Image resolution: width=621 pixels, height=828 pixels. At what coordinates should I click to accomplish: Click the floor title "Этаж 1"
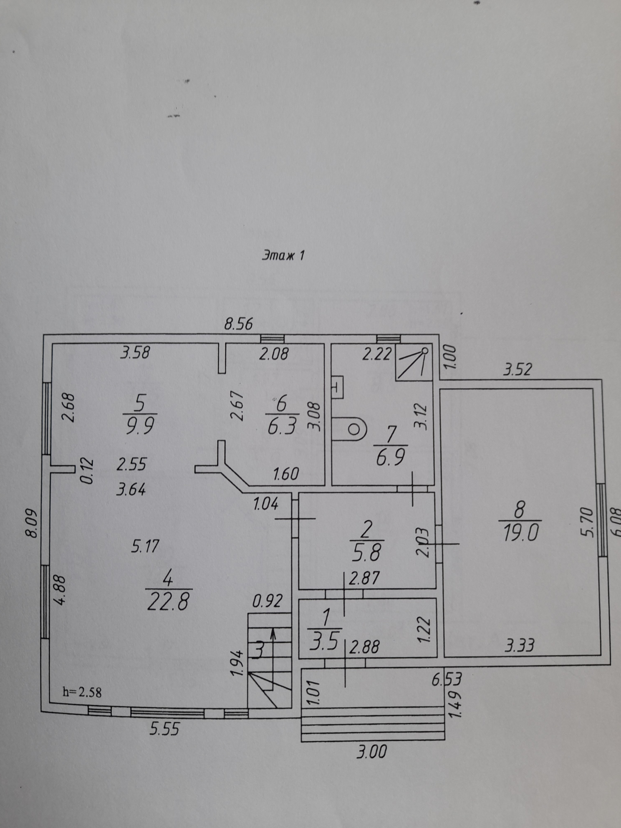(283, 255)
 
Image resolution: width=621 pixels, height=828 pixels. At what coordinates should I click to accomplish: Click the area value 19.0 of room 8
(521, 533)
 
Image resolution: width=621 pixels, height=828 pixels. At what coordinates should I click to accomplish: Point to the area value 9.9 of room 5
(140, 426)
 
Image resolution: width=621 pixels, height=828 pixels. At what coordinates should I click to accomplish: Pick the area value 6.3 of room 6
(282, 426)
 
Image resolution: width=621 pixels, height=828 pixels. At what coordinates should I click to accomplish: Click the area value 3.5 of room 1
(325, 641)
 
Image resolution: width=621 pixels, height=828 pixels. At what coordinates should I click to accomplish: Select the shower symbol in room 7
(414, 364)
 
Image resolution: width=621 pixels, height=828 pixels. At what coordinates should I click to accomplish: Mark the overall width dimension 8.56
(238, 323)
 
